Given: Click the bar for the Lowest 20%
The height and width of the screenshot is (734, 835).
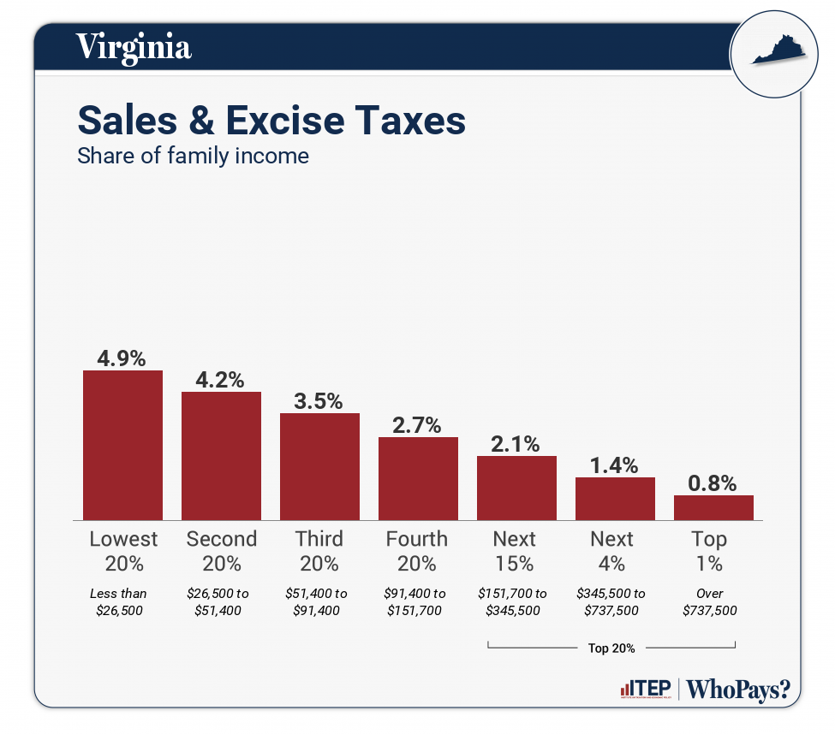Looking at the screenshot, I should point(122,445).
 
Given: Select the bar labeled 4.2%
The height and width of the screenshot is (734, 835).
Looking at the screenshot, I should point(221,455).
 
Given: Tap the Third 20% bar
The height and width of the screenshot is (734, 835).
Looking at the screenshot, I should point(319,466).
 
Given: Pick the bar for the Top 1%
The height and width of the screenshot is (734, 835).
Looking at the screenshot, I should point(713,507).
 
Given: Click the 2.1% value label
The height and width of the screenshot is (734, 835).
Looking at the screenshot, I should point(516,444).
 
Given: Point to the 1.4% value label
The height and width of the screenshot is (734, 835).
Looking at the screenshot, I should point(615,465).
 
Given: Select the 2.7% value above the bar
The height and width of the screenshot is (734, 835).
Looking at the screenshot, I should point(418,425).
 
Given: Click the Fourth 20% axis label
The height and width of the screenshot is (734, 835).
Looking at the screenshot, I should point(417,551).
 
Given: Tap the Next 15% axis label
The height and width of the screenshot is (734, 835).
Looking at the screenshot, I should point(515,551).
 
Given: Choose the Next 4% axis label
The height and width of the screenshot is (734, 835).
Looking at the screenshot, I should point(612,551).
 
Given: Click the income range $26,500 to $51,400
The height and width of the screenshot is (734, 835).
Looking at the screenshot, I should point(221,601).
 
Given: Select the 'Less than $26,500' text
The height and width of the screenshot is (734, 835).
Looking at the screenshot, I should point(119,601).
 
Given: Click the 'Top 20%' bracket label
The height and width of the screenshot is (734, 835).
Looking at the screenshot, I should point(611,648).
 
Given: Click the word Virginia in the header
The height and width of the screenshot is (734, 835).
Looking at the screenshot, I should point(134,46).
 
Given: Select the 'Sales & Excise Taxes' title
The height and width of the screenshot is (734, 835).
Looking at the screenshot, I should point(271,121).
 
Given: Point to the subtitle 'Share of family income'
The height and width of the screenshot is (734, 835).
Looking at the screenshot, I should point(193,157).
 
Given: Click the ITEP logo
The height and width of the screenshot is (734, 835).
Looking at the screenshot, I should point(646,690).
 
